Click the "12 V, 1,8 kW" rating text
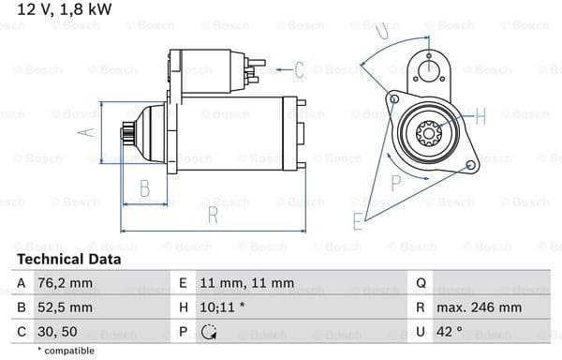pos(65,9)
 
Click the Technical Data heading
pos(68,260)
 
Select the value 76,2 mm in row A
pos(65,283)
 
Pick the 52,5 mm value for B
pos(65,307)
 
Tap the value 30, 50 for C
pos(57,332)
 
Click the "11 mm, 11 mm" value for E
pos(247,283)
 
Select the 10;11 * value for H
pos(222,307)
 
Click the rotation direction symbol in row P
pos(209,332)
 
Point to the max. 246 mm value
pos(479,307)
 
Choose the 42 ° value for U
pos(450,332)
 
